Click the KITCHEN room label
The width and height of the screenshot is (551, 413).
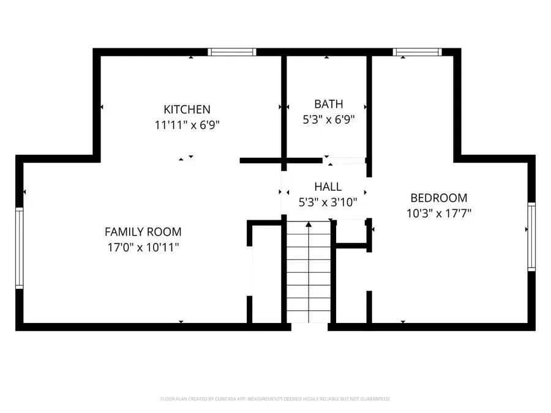coord(187,110)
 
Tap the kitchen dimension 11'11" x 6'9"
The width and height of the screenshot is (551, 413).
coord(187,125)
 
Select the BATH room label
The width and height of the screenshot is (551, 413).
coord(329,104)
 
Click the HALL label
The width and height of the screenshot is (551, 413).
coord(328,187)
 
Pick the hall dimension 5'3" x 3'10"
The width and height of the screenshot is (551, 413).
coord(328,201)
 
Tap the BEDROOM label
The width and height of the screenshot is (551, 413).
coord(438,198)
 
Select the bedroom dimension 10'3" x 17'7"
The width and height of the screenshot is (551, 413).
coord(438,213)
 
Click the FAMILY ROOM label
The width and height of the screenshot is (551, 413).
coord(143,232)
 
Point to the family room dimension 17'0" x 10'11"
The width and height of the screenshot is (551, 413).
coord(143,247)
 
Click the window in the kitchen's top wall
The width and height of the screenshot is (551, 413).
coord(232,52)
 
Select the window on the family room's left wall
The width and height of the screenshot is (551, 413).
coord(19,248)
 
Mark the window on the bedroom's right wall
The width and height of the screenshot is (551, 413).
coord(531,237)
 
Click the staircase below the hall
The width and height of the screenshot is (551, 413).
coord(309,275)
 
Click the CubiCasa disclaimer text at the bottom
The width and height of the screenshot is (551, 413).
coord(275,399)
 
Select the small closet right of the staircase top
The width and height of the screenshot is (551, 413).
coord(350,231)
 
